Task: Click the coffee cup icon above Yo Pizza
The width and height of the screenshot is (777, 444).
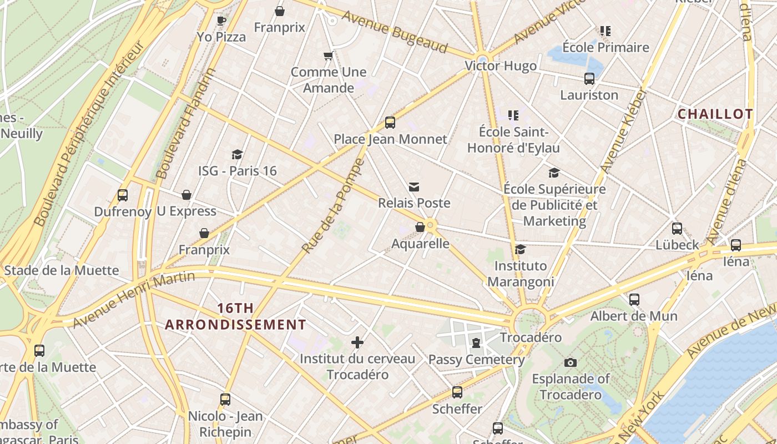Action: coord(221,21)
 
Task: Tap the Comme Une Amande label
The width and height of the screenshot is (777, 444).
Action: coord(329,80)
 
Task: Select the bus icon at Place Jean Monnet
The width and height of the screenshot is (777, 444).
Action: coord(390,123)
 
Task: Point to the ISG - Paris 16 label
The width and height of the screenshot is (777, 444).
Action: coord(238,170)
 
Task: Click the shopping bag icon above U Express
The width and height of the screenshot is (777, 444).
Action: coord(186,195)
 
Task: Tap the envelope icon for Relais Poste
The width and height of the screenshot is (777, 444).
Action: coord(414,187)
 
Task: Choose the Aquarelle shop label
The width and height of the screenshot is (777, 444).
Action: coord(420,244)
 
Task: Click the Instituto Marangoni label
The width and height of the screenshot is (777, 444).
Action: coord(521,274)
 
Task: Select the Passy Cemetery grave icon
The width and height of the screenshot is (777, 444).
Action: coord(476,343)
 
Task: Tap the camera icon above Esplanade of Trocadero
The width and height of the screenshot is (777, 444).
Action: coord(570,363)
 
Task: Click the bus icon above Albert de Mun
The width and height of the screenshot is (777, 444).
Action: coord(634,300)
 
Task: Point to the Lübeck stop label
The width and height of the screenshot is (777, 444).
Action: coord(677,245)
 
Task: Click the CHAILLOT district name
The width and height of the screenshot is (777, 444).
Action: coord(715,114)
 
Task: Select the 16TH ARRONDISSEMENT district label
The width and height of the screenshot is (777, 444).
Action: coord(235,316)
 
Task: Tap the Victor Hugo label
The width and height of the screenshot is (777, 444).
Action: coord(501,66)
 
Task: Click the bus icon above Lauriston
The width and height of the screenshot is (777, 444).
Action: coord(589,79)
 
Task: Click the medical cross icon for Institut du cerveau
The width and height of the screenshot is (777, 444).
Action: coord(357,342)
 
